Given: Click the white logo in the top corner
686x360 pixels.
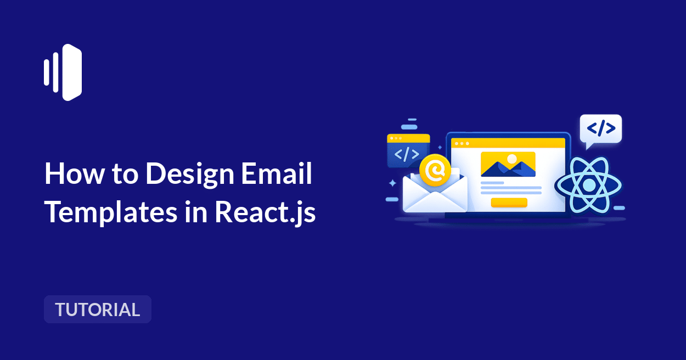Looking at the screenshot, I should tap(63, 72).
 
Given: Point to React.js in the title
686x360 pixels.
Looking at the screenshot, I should tap(265, 212).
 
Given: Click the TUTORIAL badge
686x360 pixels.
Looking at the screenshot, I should tap(98, 310).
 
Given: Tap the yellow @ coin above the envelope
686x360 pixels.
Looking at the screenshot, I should tap(435, 171).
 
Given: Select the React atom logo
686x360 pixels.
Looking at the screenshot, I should tap(588, 185).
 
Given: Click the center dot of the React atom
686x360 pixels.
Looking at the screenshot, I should tap(588, 185).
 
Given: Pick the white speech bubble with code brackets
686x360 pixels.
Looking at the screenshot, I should tap(600, 130).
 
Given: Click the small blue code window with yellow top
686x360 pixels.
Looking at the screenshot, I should tap(408, 150).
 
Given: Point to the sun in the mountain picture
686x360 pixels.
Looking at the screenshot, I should tap(512, 159).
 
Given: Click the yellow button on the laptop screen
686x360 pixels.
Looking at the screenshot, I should tap(509, 203).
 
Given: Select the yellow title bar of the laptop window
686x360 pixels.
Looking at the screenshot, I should tap(508, 143).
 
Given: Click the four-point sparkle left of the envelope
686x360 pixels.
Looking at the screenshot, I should tap(392, 183).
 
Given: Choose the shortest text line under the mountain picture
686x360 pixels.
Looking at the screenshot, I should tap(492, 183).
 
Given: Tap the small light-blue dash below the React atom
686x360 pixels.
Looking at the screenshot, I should tap(619, 208).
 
